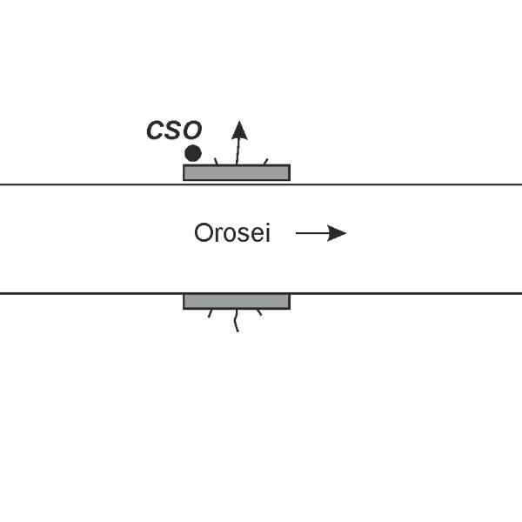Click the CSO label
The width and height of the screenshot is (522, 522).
[174, 131]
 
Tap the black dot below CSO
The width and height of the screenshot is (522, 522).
[193, 153]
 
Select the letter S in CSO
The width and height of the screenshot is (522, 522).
[174, 131]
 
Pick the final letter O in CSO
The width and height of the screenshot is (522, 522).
[191, 131]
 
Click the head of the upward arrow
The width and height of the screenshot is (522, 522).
[239, 130]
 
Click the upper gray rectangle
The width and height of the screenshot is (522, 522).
[236, 172]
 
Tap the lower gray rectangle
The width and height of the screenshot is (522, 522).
[236, 301]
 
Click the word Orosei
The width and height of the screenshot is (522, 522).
[232, 234]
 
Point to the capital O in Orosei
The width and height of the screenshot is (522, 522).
[203, 234]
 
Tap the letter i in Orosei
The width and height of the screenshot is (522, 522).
[267, 233]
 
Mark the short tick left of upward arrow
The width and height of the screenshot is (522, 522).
[216, 161]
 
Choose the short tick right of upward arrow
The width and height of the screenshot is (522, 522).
[264, 161]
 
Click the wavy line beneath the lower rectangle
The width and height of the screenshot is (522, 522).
[236, 321]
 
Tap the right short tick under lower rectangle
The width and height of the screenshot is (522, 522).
[258, 312]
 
